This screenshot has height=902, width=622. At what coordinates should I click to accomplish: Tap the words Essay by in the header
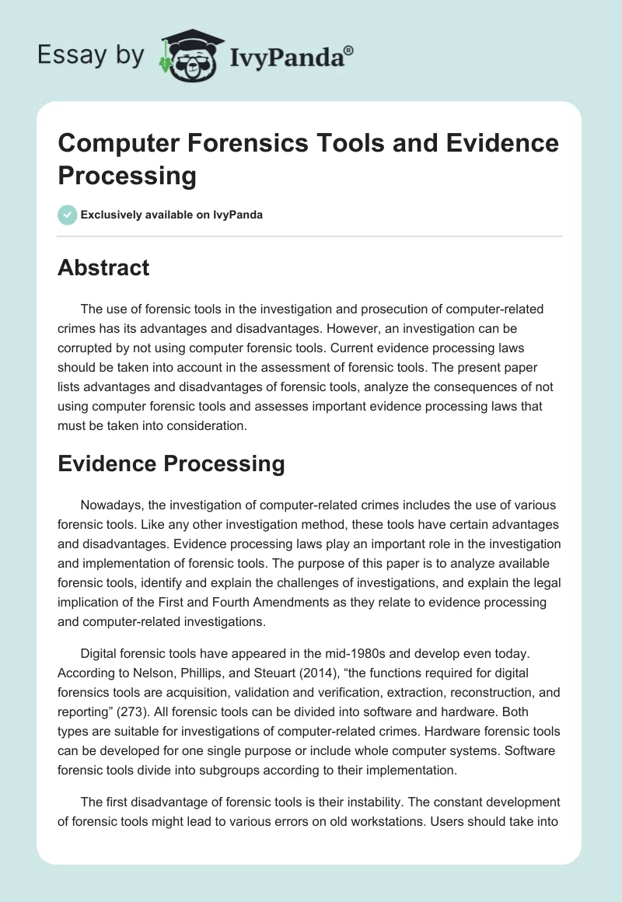90,55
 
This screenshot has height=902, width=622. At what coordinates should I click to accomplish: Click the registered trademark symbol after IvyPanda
349,51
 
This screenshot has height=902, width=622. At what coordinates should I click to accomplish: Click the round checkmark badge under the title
68,215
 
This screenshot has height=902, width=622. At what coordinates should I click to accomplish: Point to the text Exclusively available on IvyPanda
173,215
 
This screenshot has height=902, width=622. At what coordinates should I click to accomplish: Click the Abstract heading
103,268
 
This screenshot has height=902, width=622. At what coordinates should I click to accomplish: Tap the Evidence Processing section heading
171,464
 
